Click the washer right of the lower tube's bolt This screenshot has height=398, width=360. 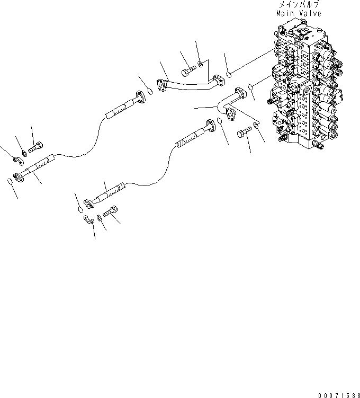[x=257, y=126]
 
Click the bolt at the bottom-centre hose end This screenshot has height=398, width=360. [x=113, y=211]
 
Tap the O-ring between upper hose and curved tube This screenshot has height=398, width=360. [x=150, y=91]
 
